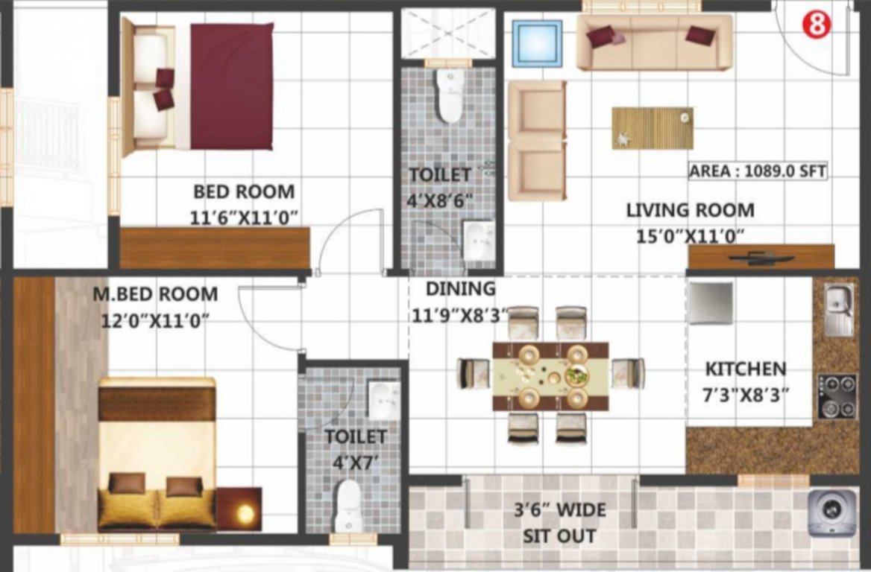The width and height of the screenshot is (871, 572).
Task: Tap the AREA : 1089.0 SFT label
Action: tap(757, 171)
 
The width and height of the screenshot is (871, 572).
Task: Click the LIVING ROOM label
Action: tap(690, 210)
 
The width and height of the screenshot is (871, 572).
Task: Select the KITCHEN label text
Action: tap(745, 369)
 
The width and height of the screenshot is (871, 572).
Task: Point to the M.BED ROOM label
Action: tap(155, 294)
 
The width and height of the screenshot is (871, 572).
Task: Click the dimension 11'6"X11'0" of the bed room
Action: tap(244, 217)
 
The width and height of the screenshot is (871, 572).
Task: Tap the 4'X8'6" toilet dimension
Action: tap(440, 200)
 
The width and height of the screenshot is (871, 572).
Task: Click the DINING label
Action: tap(459, 288)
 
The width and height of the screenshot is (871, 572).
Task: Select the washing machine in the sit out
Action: tap(830, 512)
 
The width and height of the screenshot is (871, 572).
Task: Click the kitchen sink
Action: tap(839, 308)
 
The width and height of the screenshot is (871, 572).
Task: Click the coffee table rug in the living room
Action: tap(652, 128)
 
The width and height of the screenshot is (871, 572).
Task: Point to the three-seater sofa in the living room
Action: tap(654, 42)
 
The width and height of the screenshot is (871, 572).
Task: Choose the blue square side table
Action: tap(537, 44)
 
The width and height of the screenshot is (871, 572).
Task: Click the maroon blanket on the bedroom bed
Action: tap(231, 86)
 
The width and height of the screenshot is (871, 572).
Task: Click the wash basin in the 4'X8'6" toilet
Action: tap(478, 240)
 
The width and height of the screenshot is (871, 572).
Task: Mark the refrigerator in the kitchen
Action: tap(710, 303)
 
